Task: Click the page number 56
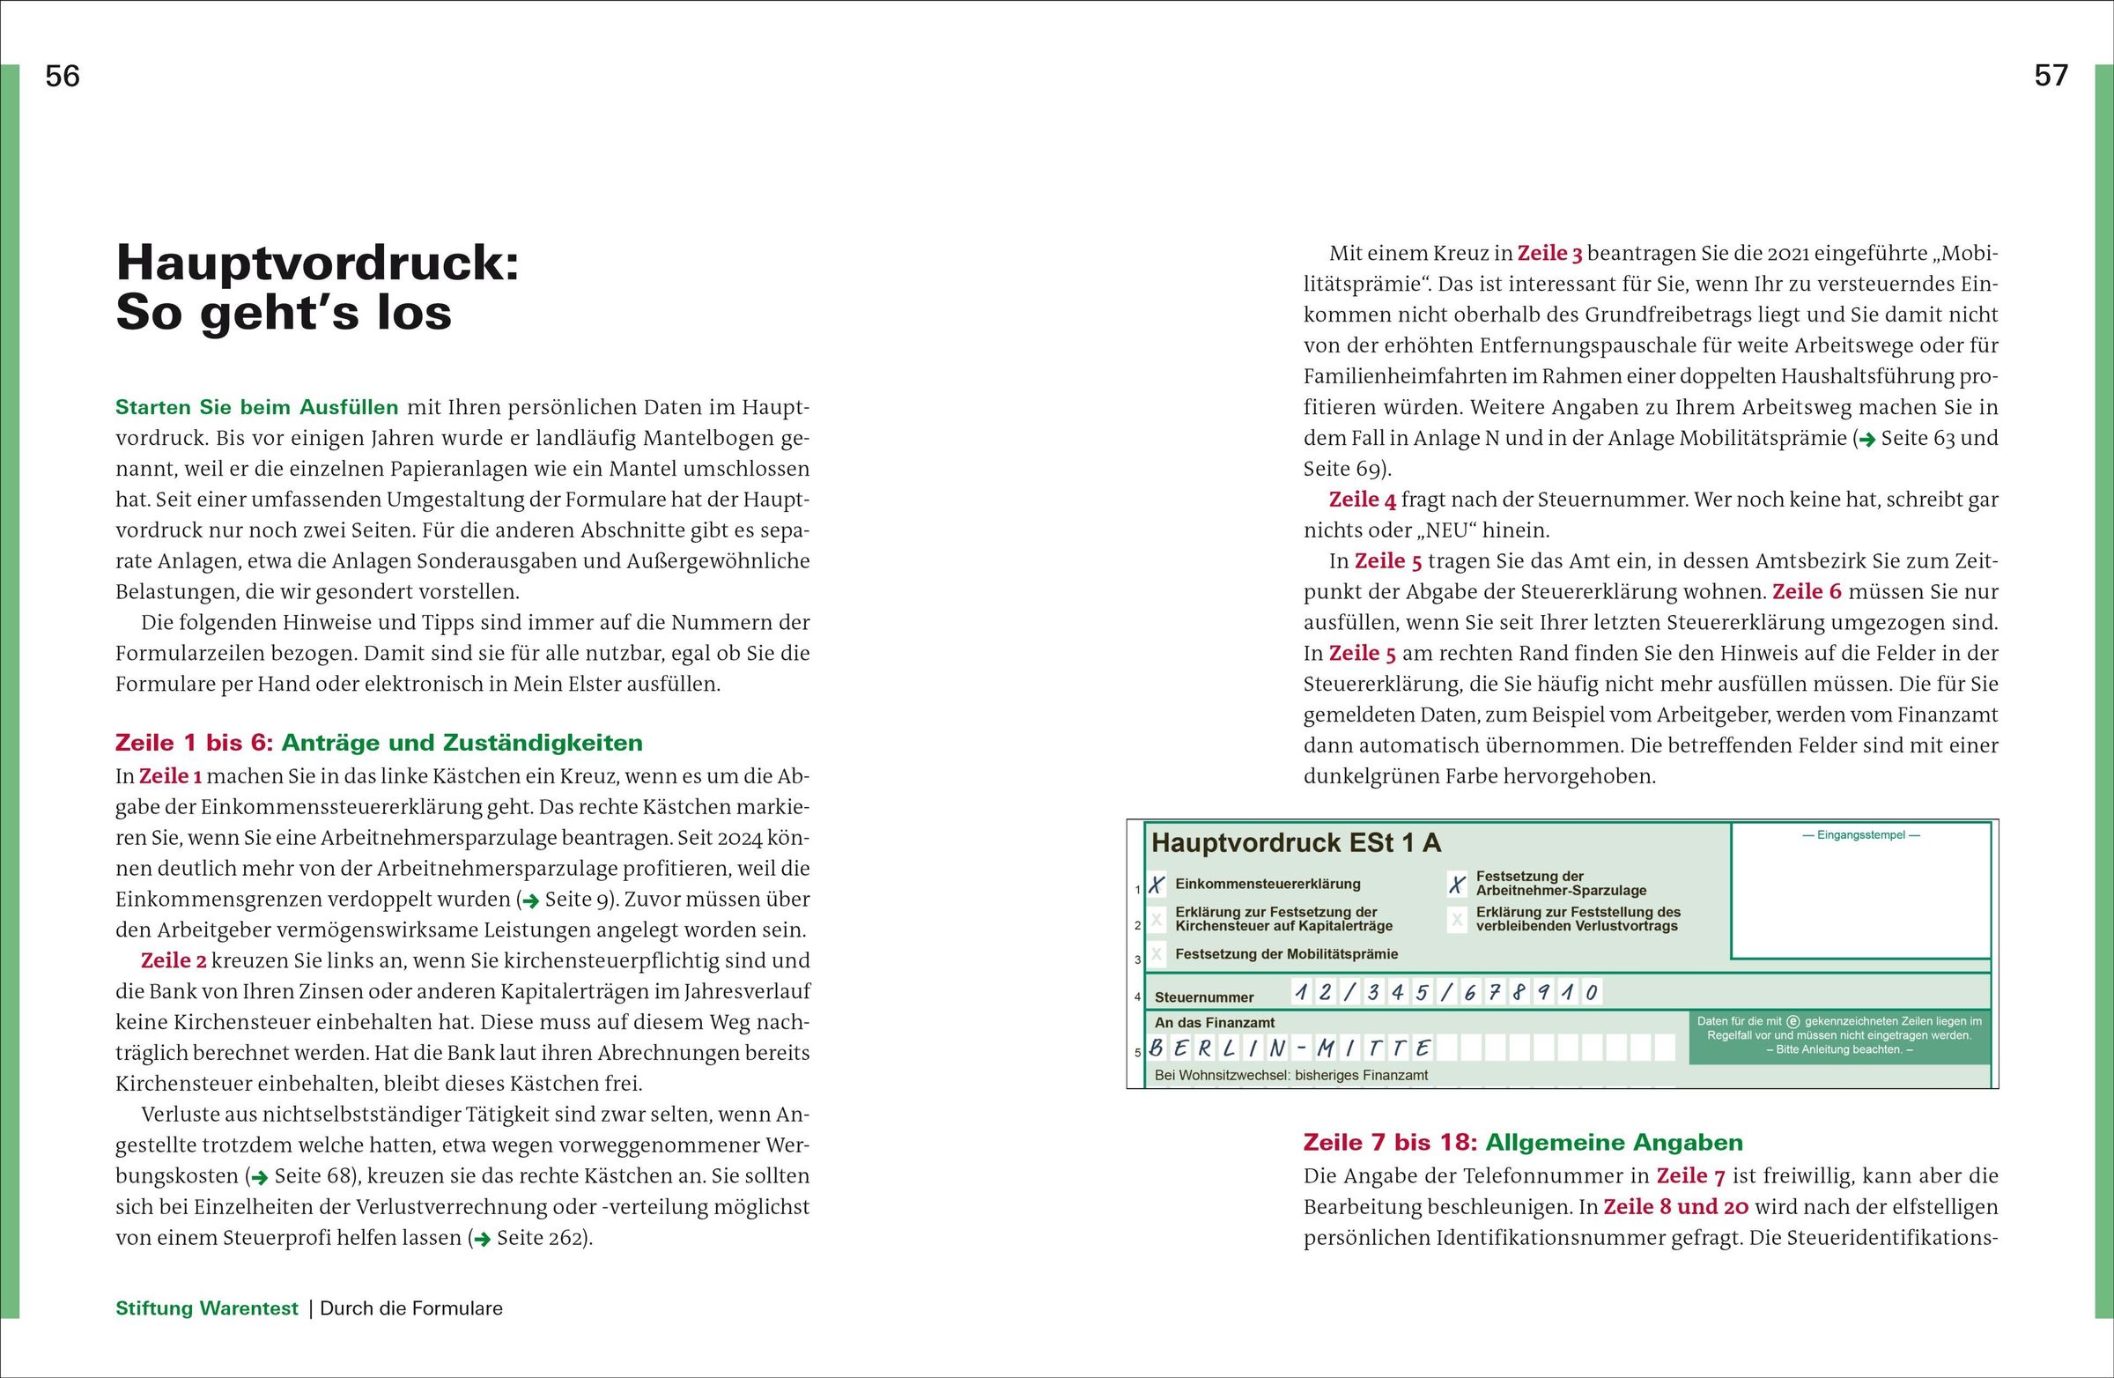tap(63, 77)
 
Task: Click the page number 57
tap(2051, 77)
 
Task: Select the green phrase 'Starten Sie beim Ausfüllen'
tap(256, 408)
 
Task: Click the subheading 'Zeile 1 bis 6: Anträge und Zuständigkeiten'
tap(379, 743)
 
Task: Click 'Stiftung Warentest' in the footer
tap(207, 1308)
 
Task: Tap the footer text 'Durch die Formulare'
tap(411, 1308)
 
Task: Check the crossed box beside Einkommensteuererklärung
tap(1157, 885)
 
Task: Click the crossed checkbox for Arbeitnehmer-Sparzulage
tap(1457, 884)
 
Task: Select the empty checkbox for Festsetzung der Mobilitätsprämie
tap(1157, 954)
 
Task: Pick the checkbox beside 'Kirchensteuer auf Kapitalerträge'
tap(1157, 920)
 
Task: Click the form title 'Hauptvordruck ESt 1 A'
tap(1296, 843)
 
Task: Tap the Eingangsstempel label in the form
tap(1861, 835)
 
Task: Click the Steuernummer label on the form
tap(1203, 996)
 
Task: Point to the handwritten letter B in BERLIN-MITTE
tap(1157, 1048)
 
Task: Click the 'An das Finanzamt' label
tap(1214, 1023)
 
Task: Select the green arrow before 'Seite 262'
tap(482, 1239)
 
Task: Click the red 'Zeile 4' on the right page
tap(1362, 500)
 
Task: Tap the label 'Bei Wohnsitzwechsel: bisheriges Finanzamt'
tap(1290, 1075)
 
